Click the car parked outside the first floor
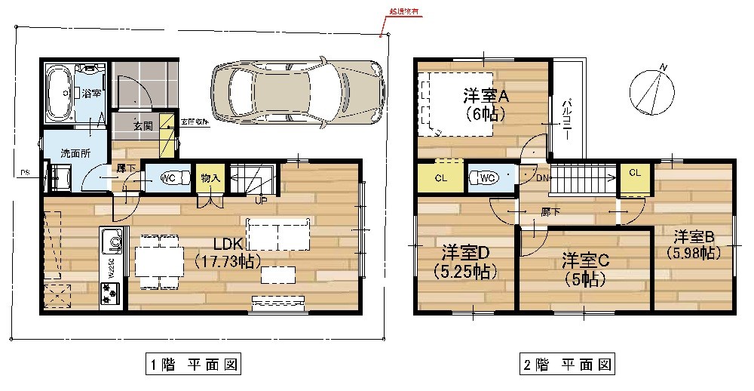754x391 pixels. [296, 93]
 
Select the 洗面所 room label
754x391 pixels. [75, 152]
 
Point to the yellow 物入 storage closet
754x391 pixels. [210, 178]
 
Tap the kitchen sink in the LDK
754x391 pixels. [114, 242]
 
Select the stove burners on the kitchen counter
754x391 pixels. [109, 293]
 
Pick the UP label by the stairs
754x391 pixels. [260, 201]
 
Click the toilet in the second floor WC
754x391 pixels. [485, 179]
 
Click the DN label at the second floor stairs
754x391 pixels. [541, 179]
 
